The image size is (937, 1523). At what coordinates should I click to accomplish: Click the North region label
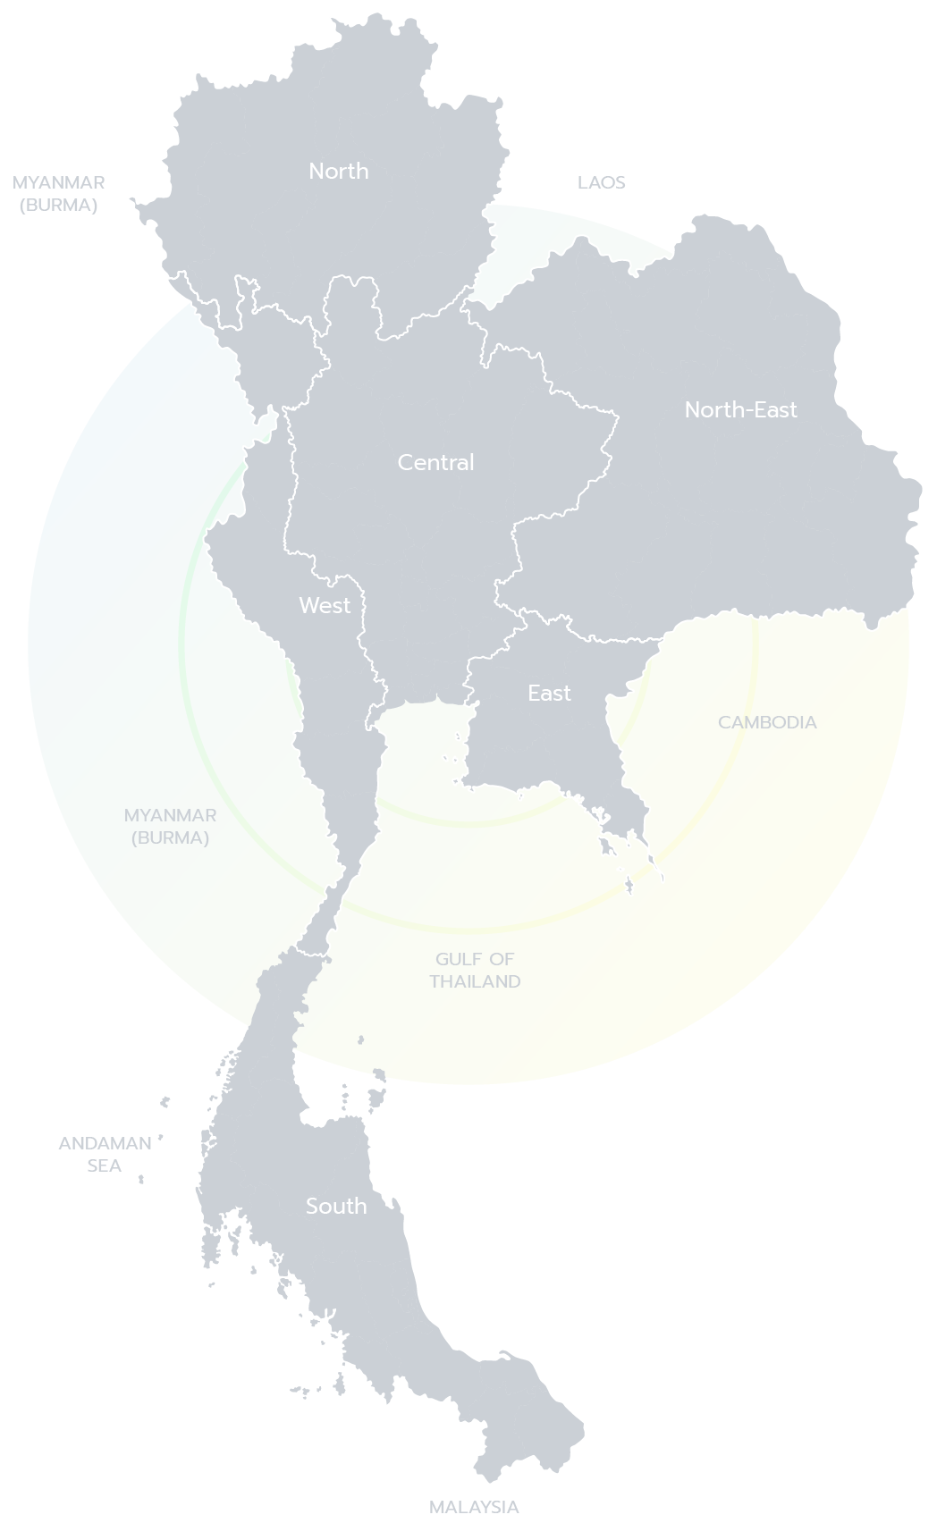tap(338, 171)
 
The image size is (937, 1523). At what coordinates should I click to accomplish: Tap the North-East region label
tap(740, 409)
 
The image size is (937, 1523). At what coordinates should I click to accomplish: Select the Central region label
tap(435, 462)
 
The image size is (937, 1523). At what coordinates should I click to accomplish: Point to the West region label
tap(325, 605)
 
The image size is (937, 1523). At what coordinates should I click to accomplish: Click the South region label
tap(336, 1206)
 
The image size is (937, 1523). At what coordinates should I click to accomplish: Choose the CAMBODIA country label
tap(768, 722)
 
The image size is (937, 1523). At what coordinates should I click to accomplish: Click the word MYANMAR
tap(170, 815)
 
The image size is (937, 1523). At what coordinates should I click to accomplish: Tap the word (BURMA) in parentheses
tap(170, 837)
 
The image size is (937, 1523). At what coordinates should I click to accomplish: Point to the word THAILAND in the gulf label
tap(475, 981)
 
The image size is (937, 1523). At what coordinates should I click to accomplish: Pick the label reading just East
tap(549, 693)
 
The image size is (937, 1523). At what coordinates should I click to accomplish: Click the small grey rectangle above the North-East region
tap(604, 188)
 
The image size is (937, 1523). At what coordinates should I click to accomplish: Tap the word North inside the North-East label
tap(709, 409)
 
